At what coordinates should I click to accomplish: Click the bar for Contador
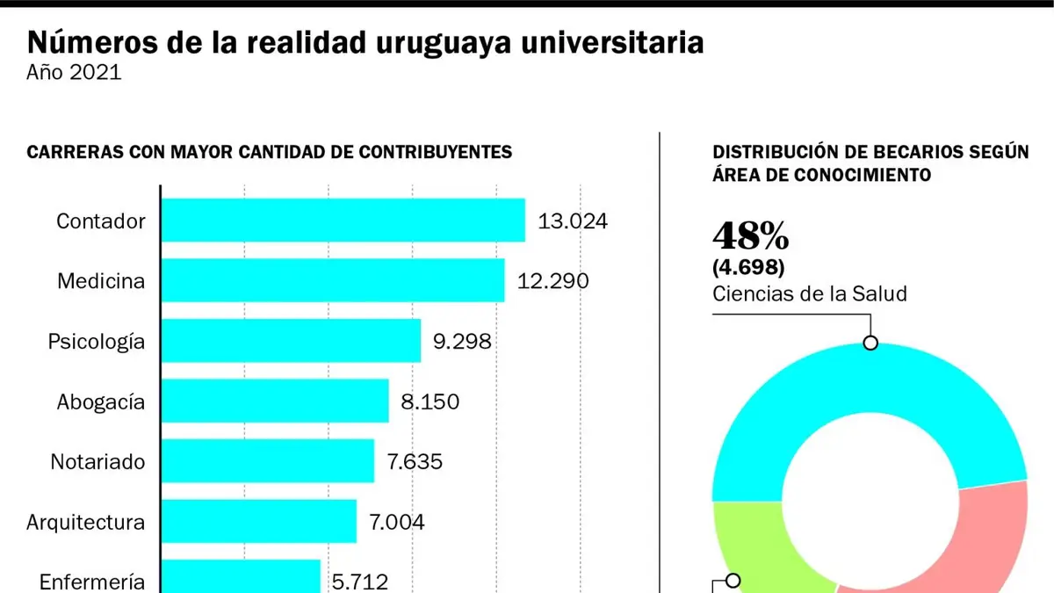(x=343, y=221)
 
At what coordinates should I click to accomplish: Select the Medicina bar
(x=333, y=280)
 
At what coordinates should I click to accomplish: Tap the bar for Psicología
(x=291, y=341)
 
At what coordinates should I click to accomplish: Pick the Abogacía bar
(x=275, y=401)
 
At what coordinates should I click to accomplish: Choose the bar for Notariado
(x=268, y=461)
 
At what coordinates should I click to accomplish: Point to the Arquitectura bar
(x=259, y=522)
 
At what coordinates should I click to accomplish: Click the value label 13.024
(x=573, y=221)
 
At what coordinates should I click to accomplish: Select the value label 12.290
(x=552, y=281)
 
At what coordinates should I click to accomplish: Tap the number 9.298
(x=462, y=341)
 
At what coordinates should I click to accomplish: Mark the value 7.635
(x=415, y=462)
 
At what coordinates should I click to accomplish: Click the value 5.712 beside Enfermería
(x=360, y=582)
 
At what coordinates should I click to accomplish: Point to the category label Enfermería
(x=91, y=582)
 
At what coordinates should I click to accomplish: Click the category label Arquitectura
(x=86, y=522)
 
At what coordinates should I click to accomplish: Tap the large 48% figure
(x=750, y=235)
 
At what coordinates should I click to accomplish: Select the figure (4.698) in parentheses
(x=748, y=267)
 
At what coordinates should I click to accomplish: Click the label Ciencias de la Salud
(x=809, y=293)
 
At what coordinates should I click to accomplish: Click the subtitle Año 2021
(x=74, y=72)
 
